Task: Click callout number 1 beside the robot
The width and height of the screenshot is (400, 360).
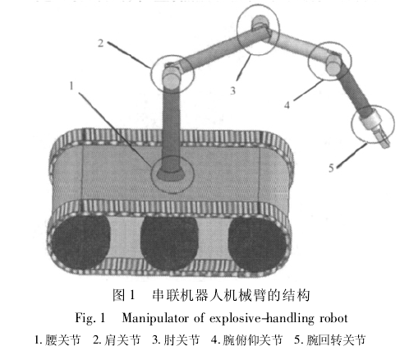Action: [x=71, y=85]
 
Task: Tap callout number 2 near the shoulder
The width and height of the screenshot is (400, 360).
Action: [x=101, y=43]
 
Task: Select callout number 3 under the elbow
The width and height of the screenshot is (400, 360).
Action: [x=232, y=90]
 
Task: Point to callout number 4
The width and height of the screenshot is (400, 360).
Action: [x=287, y=104]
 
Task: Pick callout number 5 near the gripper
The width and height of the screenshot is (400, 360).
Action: [x=331, y=168]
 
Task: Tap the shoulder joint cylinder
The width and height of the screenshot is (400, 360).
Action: [x=172, y=78]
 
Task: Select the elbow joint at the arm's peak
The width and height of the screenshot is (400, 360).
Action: [x=259, y=25]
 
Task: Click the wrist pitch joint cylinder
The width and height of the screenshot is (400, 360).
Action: [x=333, y=65]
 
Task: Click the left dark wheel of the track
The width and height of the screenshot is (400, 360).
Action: [x=80, y=241]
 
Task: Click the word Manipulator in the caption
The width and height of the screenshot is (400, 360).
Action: [x=155, y=318]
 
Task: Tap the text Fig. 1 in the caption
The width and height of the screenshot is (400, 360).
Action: [x=90, y=318]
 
